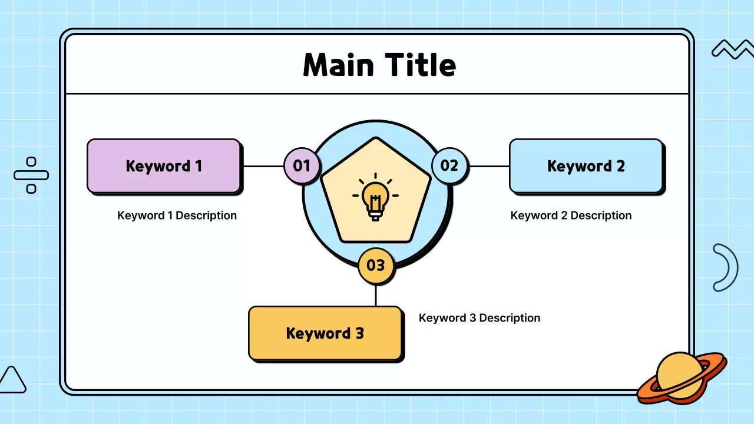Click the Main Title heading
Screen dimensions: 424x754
379,65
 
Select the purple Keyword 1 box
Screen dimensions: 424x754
164,165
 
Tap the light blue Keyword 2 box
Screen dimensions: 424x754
586,165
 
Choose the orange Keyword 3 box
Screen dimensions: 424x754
325,333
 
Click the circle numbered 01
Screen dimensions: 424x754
302,165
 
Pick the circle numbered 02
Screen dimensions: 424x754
449,165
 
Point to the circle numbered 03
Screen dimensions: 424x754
375,265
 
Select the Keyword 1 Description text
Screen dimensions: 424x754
177,216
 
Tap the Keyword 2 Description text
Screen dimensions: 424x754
571,216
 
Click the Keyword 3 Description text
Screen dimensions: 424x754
479,318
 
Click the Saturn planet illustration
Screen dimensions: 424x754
682,377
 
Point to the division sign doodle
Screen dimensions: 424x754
31,175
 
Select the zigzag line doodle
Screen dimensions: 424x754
732,50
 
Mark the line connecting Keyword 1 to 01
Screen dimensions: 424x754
263,166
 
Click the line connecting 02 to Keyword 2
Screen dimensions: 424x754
489,166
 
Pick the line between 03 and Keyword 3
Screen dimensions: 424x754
376,294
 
